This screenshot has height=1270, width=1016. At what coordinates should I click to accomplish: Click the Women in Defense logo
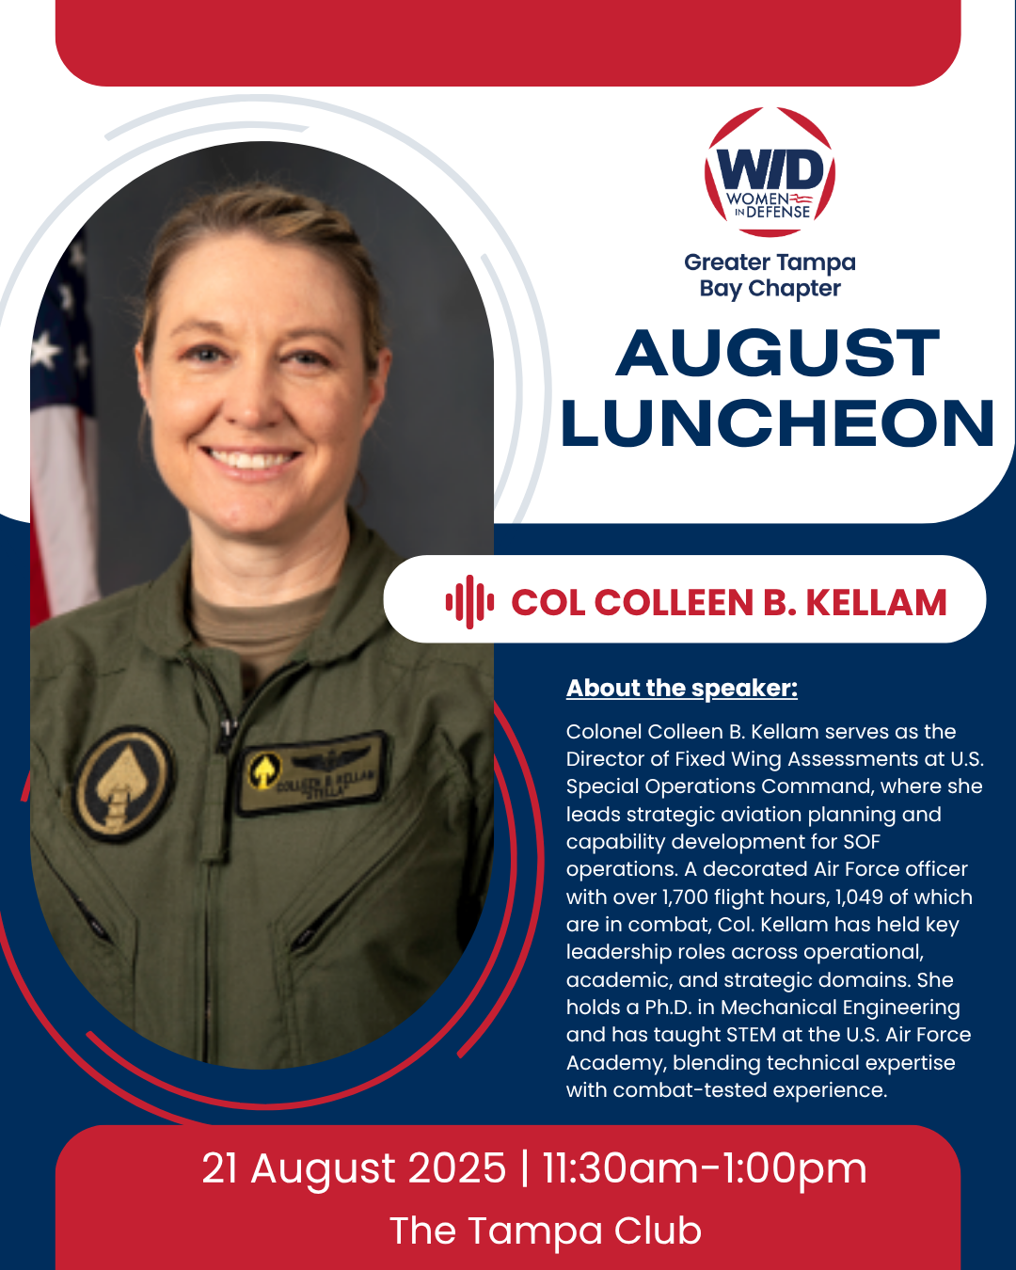pos(770,173)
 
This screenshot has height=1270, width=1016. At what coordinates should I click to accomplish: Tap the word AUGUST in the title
pos(778,354)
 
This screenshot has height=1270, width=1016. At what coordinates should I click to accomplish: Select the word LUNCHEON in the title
pos(778,423)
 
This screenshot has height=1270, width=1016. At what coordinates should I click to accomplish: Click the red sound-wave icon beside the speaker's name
pos(469,602)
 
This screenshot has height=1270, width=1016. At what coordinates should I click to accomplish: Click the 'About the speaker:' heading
pos(681,689)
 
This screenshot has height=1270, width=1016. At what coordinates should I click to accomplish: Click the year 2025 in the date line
pos(458,1169)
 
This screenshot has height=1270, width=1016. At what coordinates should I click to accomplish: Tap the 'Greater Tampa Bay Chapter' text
pos(770,276)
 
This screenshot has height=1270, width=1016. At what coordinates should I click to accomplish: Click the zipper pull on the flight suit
pos(227,726)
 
